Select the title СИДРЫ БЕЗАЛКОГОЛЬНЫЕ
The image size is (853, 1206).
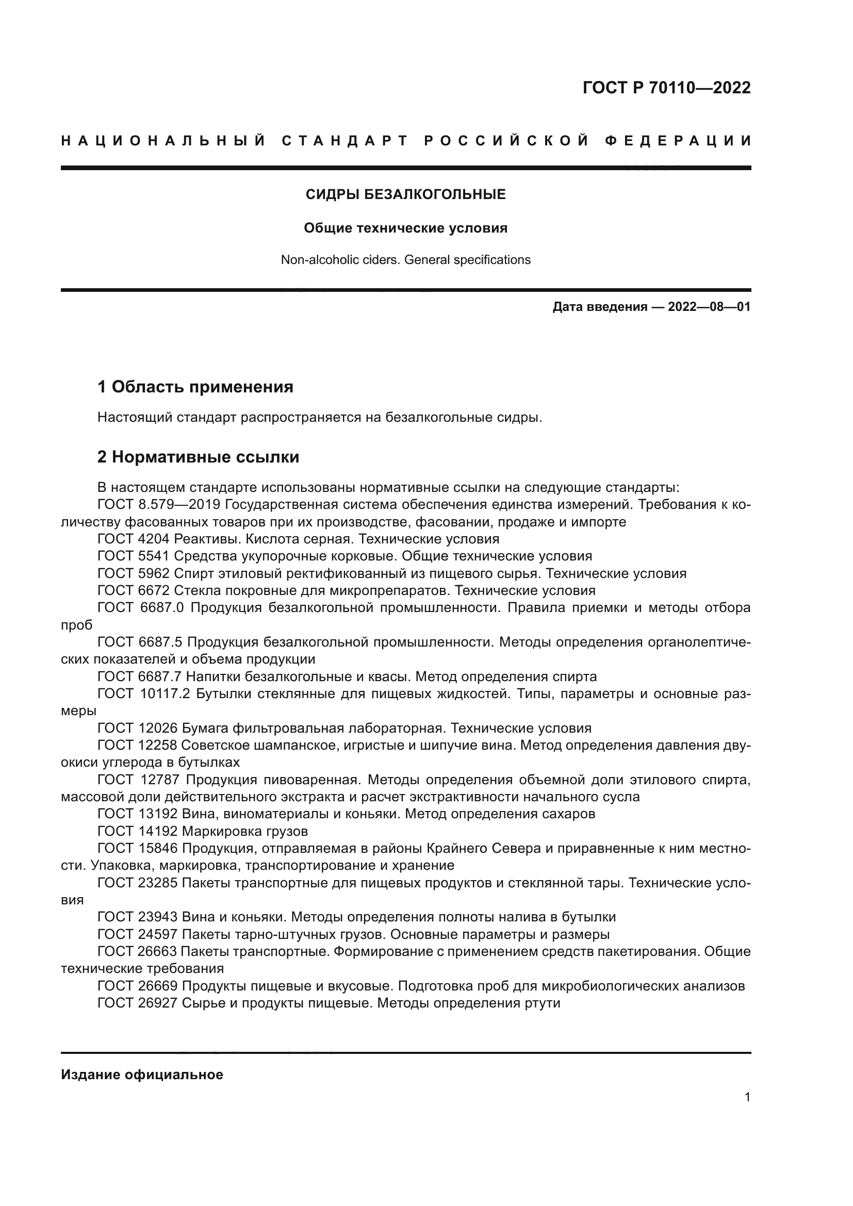tap(405, 194)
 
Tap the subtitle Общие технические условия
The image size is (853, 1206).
tap(405, 228)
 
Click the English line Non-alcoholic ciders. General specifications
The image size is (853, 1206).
tap(405, 259)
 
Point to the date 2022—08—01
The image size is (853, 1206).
tap(709, 307)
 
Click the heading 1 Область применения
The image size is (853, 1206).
tap(195, 387)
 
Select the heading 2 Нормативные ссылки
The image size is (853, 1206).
tap(198, 457)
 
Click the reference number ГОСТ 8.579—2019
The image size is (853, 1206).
tap(161, 505)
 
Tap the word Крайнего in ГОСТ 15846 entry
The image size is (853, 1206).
tap(455, 848)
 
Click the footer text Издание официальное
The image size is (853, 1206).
tap(142, 1075)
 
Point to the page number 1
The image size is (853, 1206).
tap(747, 1097)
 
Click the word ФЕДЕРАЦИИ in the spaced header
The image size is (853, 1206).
tap(678, 141)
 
